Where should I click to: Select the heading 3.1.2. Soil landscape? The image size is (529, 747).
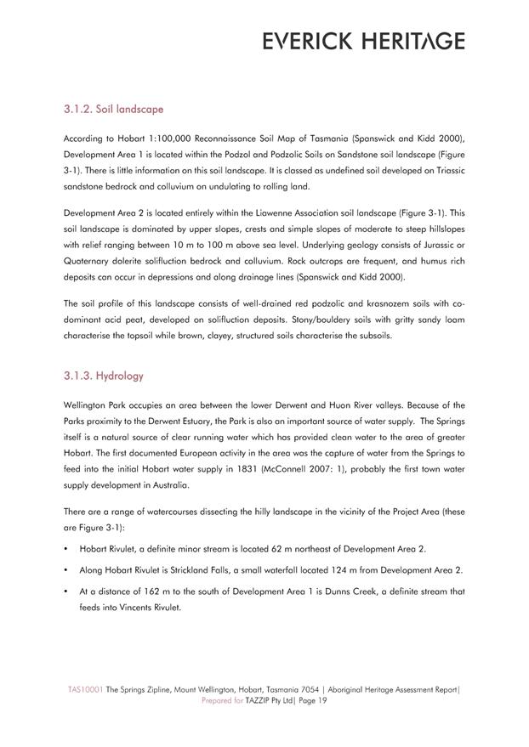tap(113, 110)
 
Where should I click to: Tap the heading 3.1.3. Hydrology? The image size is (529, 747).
tap(104, 376)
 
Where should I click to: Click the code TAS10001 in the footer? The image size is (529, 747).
tap(86, 690)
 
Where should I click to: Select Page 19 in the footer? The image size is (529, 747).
tap(309, 701)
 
